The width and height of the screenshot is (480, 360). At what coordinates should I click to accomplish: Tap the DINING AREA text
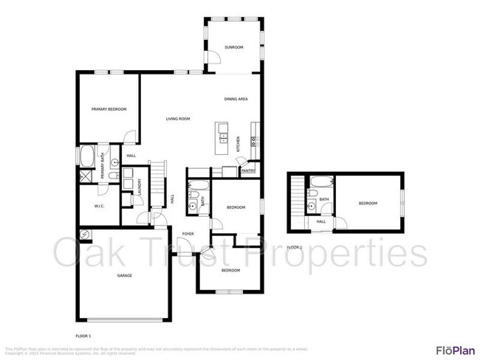236,99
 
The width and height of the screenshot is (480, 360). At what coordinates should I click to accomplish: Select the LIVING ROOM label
178,119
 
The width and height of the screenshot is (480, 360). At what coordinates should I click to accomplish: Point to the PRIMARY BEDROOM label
109,109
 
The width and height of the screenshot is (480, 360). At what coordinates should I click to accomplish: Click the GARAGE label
124,275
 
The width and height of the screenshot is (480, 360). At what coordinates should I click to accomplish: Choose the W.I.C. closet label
100,207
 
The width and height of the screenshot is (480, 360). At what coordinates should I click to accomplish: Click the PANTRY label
247,171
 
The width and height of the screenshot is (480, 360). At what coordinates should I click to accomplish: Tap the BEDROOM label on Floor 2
368,204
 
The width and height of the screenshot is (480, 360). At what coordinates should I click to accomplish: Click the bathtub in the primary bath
86,157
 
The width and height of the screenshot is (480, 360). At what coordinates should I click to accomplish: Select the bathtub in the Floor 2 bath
323,181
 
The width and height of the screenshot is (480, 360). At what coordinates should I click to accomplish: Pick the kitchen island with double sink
222,136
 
